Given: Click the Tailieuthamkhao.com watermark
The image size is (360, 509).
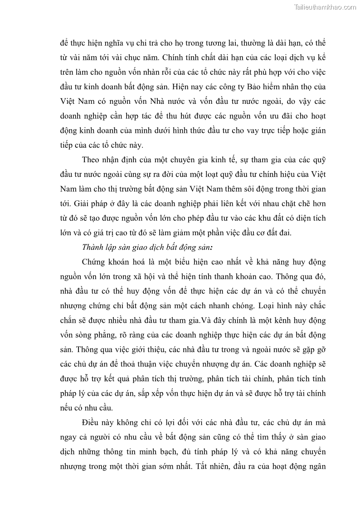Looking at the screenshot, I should [x=325, y=7].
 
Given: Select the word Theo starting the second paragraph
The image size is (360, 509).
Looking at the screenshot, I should [x=91, y=160].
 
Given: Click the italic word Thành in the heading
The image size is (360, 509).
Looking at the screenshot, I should [x=93, y=247].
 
